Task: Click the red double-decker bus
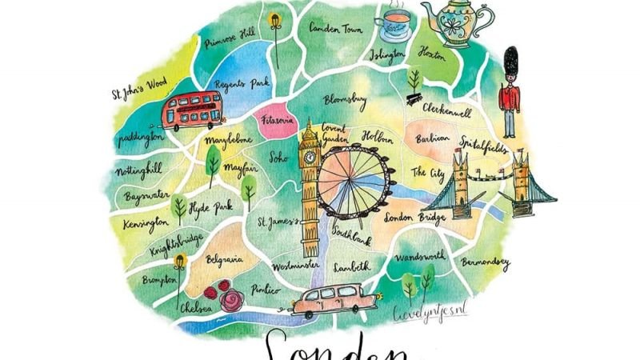point(191,111)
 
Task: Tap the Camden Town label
point(335,27)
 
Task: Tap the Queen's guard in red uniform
point(510,92)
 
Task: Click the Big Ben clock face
point(310,157)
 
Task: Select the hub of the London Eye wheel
point(351,181)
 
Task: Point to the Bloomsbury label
point(346,100)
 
